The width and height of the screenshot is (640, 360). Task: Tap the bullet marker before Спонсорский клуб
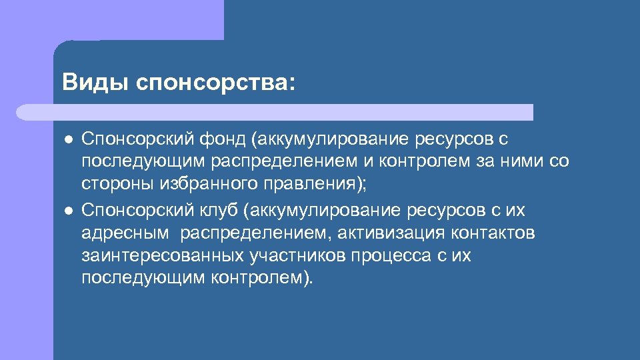point(68,211)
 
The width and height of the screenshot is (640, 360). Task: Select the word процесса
point(382,256)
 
